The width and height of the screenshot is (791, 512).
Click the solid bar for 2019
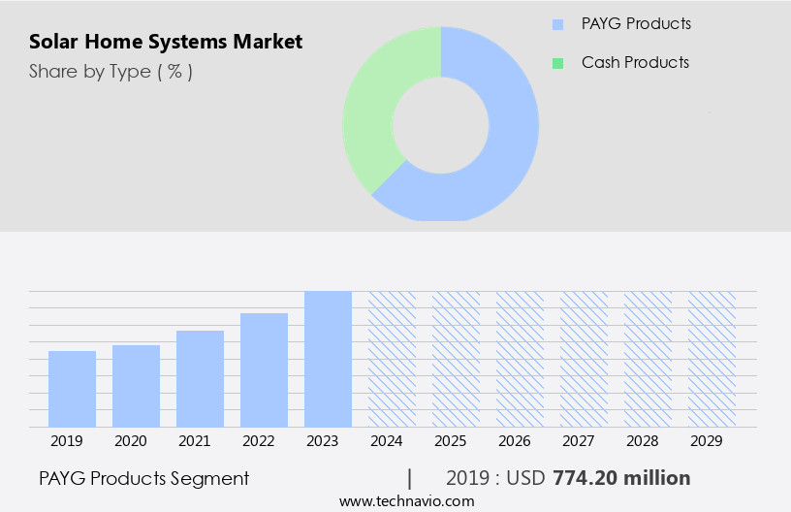[x=72, y=389]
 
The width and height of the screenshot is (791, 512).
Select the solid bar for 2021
[x=200, y=379]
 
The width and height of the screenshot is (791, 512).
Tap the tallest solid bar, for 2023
[x=328, y=359]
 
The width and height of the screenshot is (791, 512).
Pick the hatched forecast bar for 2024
[x=392, y=359]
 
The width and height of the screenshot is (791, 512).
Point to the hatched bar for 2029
[x=712, y=359]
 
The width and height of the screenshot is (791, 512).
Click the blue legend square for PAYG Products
[x=557, y=24]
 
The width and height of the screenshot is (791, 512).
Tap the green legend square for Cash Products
[x=557, y=63]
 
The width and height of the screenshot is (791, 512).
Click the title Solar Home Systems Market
[x=166, y=42]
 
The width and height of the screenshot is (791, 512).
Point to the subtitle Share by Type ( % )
[x=111, y=71]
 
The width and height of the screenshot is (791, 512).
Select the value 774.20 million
[x=621, y=478]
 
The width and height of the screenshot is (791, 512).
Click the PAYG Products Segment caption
[x=144, y=478]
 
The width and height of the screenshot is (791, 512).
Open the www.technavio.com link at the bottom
[x=407, y=500]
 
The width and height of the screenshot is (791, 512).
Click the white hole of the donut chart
[x=440, y=124]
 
